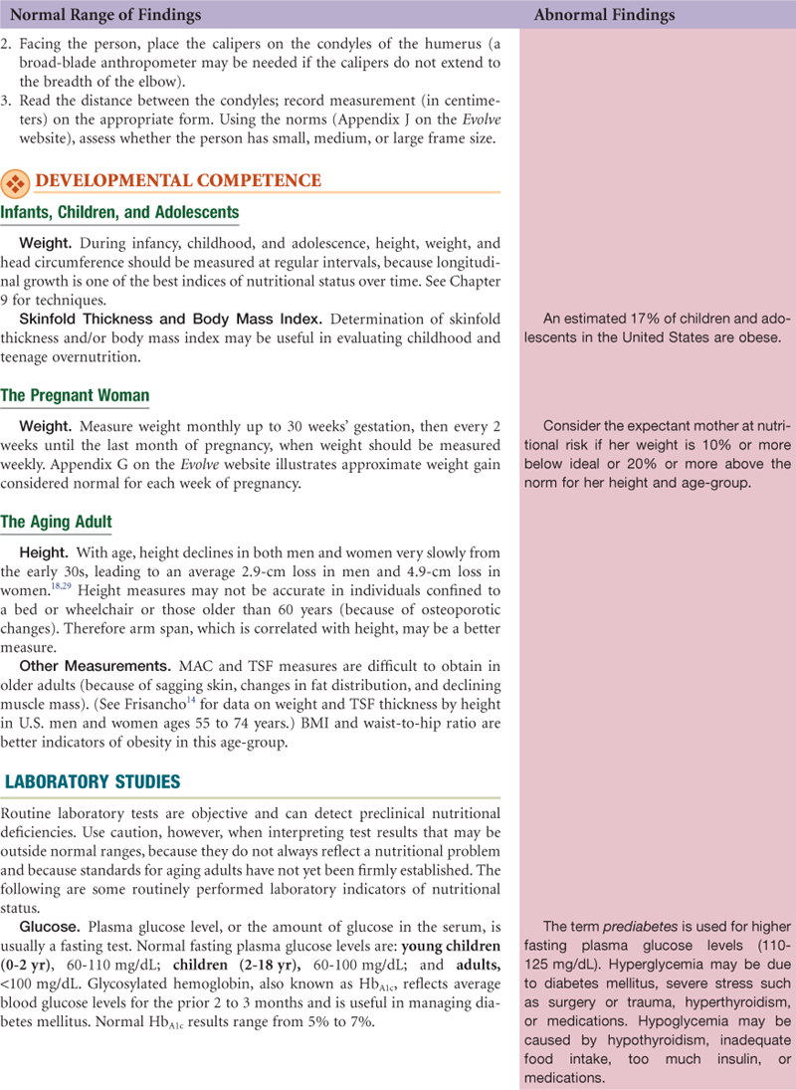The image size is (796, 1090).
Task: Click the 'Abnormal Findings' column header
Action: point(604,15)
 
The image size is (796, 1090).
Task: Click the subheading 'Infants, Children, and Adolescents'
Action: point(119,212)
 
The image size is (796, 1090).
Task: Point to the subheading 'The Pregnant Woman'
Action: point(76,395)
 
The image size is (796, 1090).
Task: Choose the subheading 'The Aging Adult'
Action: point(57,522)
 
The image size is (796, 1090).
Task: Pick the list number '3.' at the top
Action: point(8,101)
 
